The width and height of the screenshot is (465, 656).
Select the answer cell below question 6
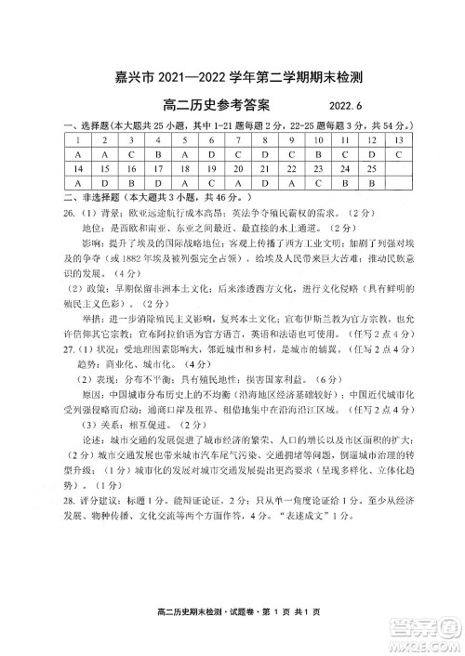pyautogui.click(x=212, y=154)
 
